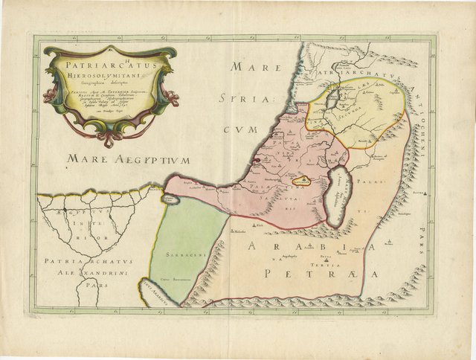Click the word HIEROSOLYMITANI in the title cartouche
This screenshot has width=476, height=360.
coord(110,75)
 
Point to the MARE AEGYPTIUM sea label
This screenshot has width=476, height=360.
coord(128,159)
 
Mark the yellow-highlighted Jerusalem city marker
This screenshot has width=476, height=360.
coord(301,180)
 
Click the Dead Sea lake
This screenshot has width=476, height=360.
coord(338,195)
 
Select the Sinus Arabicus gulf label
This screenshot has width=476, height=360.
coord(158,295)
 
